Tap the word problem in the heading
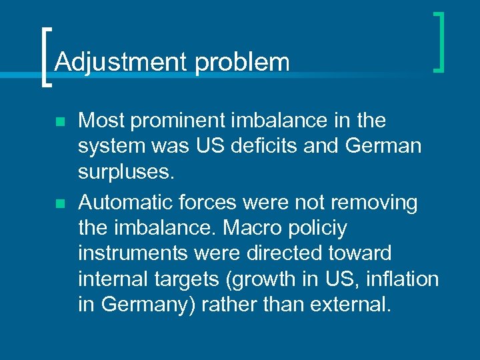point(242,62)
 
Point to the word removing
point(377,201)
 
